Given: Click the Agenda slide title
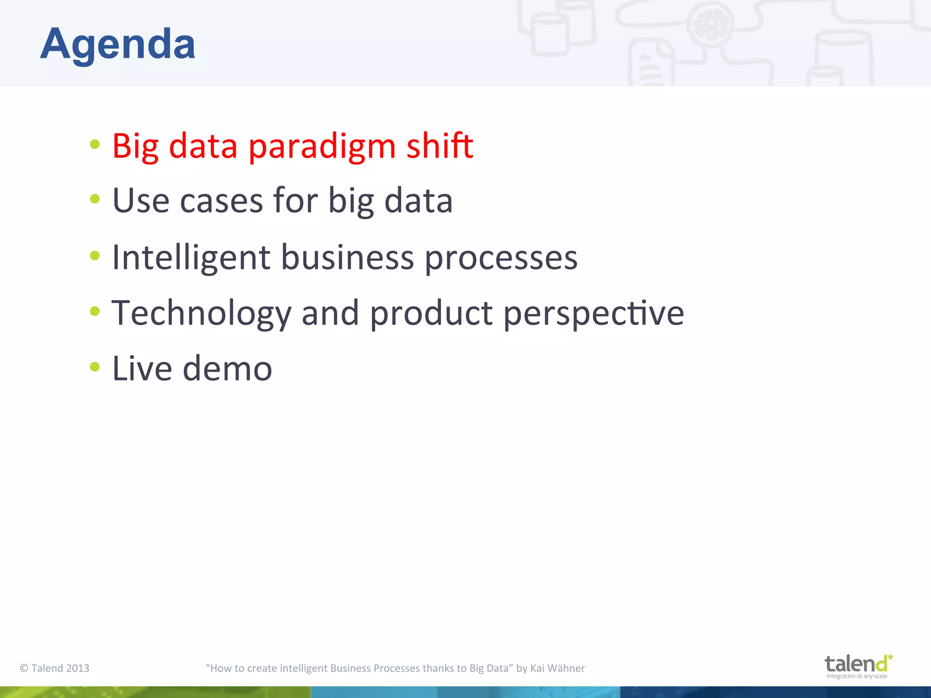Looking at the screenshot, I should [x=118, y=44].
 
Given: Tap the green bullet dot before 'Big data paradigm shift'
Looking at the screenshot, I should [x=95, y=145].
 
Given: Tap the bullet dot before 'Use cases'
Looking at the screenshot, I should [x=95, y=199].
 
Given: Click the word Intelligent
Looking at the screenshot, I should [x=191, y=257].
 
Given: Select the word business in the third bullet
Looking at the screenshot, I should [x=347, y=257].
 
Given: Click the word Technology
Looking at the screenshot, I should [x=201, y=314].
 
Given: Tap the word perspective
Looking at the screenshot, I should [x=593, y=314].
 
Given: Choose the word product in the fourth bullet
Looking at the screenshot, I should [x=431, y=314].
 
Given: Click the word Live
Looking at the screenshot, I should [x=142, y=368].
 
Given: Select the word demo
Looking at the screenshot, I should [x=227, y=368].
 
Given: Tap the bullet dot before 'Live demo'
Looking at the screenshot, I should [x=95, y=366].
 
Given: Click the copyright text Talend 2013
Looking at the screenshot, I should [x=55, y=668].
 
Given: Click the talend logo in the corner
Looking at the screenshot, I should [x=858, y=666].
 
